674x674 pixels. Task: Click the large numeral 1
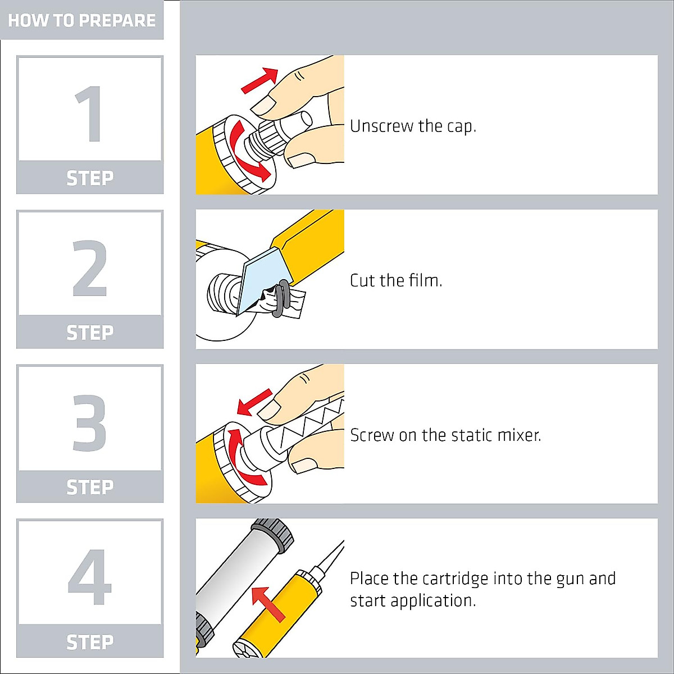point(90,114)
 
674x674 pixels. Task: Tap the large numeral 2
point(89,268)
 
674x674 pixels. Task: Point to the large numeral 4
point(89,577)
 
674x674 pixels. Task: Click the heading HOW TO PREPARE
point(82,20)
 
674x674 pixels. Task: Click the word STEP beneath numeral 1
point(90,178)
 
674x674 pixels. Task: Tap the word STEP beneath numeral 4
point(90,642)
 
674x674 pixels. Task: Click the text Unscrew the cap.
point(413,126)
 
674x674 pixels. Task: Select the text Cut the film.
point(396,280)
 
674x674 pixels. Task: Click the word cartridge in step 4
point(455,580)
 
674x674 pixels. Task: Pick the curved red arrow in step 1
point(247,150)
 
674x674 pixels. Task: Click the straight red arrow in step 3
point(254,402)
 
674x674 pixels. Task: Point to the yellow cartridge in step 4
point(276,616)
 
